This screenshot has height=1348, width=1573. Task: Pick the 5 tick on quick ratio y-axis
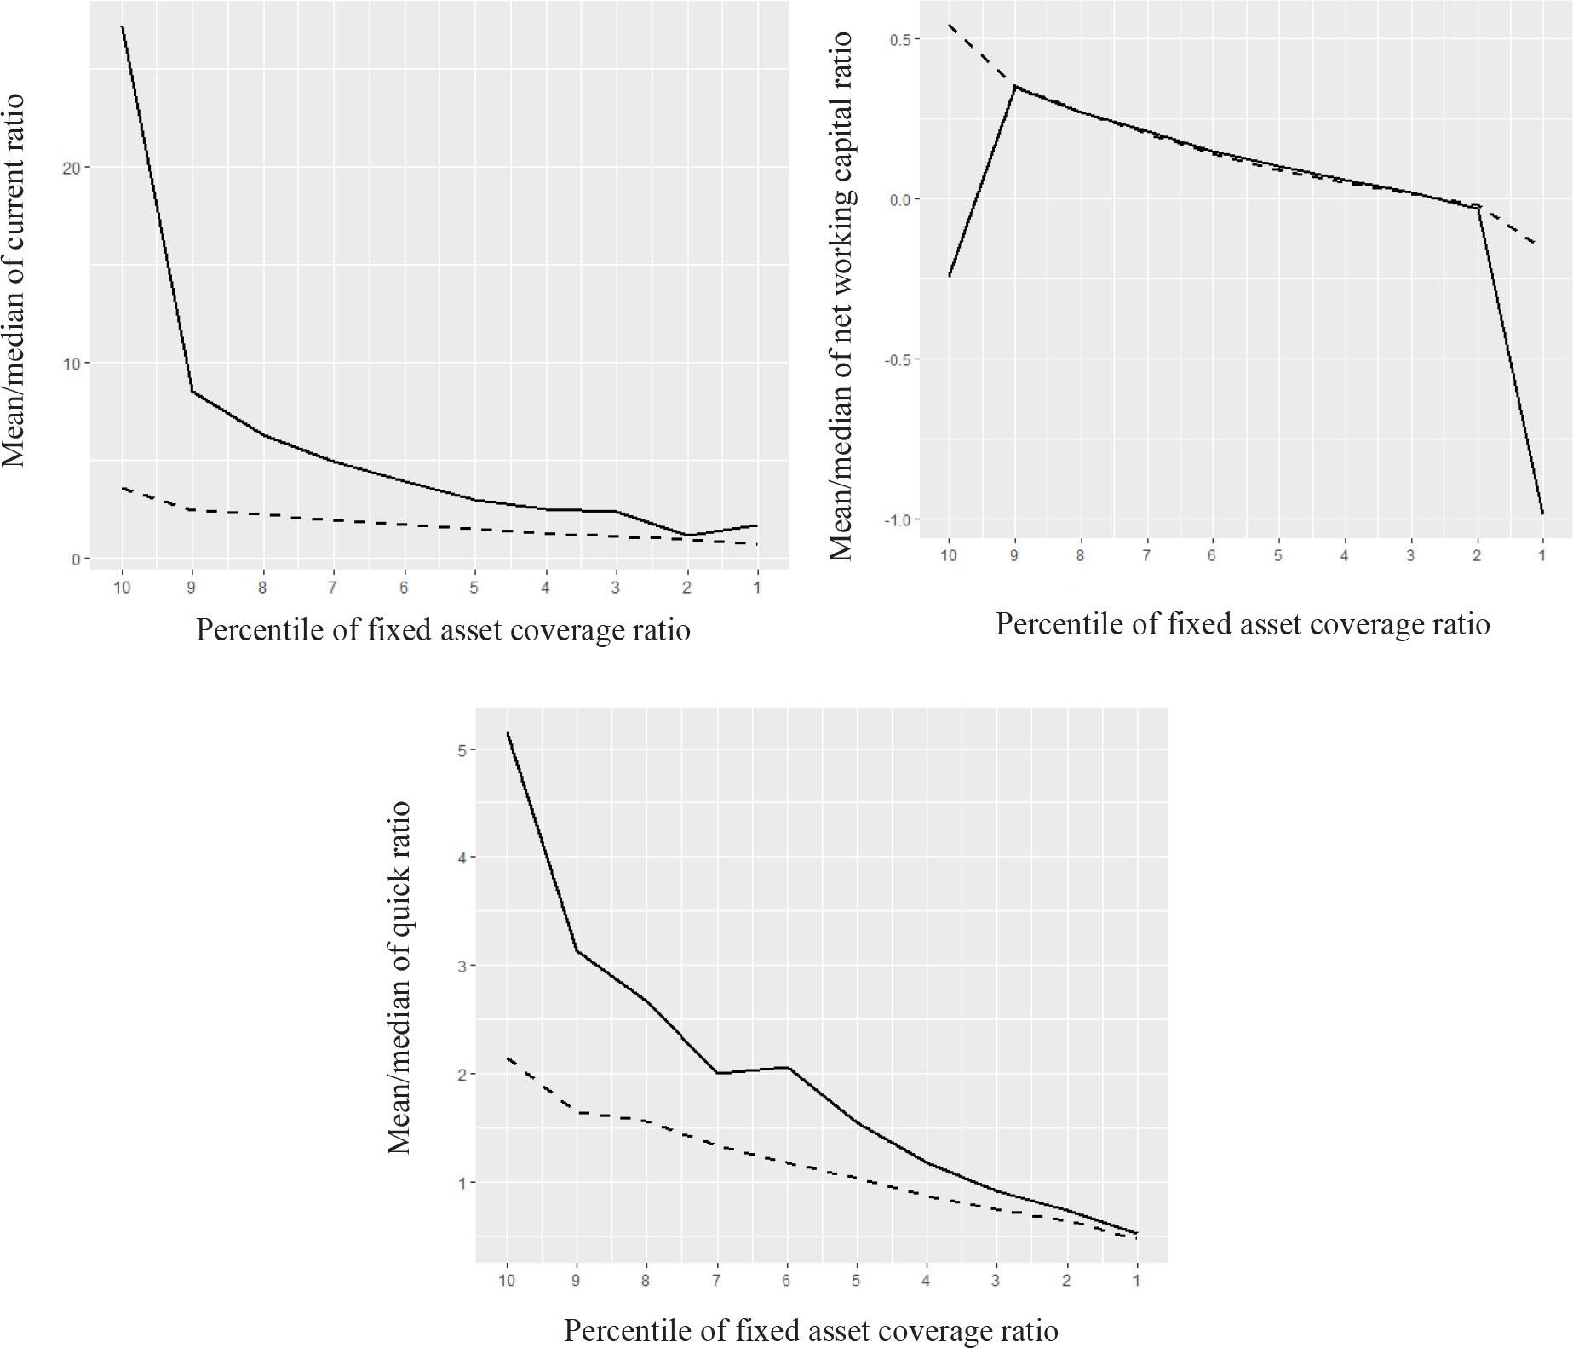point(462,750)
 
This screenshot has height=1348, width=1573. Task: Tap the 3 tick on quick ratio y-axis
point(462,967)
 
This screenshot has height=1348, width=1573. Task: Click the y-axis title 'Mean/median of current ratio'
point(14,281)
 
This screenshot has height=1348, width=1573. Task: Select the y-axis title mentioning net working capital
point(841,295)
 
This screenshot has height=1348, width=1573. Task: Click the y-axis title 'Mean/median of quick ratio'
point(399,977)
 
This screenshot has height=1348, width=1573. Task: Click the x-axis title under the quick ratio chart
point(811,1329)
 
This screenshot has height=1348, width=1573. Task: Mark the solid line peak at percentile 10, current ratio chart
point(123,27)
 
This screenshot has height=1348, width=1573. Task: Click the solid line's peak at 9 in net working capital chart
point(1014,86)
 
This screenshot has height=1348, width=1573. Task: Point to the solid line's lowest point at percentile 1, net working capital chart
point(1542,513)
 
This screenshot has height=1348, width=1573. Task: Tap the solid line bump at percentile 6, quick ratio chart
point(787,1068)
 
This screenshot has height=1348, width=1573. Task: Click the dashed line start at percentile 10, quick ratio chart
point(508,1058)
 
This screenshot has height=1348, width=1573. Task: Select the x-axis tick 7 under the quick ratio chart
point(717,1280)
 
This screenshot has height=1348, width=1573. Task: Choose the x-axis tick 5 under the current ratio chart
point(474,588)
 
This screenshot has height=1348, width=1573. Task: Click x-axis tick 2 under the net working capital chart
point(1477,556)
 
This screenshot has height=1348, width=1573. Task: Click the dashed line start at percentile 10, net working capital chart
point(949,25)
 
